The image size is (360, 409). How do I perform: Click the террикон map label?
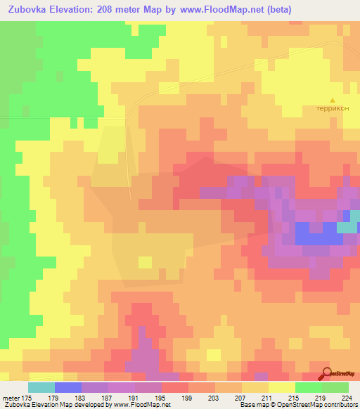(333, 110)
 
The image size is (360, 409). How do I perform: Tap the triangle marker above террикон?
(333, 100)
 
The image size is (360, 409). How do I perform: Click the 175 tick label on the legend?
(27, 397)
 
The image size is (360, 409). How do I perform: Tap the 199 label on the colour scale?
(187, 397)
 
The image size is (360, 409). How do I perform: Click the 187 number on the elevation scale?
(107, 397)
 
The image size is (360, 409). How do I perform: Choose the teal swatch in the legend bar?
(41, 387)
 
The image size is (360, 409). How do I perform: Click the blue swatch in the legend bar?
(68, 387)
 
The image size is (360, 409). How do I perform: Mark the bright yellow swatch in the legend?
(282, 387)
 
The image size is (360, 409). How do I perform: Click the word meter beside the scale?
(11, 397)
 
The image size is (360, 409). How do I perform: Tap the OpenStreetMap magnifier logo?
(327, 373)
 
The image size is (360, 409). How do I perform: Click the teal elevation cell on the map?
(347, 227)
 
